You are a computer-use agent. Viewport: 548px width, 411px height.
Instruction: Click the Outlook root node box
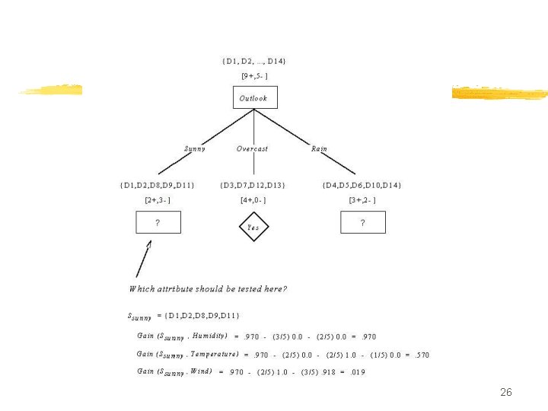[x=254, y=97]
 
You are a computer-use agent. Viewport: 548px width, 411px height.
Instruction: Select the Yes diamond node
[x=253, y=227]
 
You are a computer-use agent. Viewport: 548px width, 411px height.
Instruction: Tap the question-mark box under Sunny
[x=158, y=222]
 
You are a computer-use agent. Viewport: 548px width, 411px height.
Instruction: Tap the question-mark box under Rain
[x=362, y=222]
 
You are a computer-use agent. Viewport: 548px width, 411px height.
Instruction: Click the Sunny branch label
[x=195, y=148]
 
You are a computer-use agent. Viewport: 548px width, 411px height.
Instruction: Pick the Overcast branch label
[x=252, y=148]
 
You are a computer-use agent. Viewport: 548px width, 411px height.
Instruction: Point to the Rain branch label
[x=320, y=148]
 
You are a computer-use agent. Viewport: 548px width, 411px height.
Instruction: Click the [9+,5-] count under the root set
[x=254, y=75]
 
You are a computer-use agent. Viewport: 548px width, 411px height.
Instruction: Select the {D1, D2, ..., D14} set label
[x=254, y=61]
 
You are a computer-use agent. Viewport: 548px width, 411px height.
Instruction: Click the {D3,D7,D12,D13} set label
[x=253, y=185]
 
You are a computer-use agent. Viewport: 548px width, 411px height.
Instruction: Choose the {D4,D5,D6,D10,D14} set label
[x=362, y=185]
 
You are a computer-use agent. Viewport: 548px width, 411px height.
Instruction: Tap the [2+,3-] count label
[x=158, y=200]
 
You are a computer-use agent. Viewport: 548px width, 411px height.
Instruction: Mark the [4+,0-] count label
[x=253, y=200]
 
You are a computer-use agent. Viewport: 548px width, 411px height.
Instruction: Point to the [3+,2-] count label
[x=362, y=200]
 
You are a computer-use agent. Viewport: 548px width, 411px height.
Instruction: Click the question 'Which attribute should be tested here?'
[x=208, y=289]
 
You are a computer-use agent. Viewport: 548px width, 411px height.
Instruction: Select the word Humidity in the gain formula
[x=210, y=336]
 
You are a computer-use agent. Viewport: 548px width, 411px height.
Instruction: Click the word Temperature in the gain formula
[x=215, y=354]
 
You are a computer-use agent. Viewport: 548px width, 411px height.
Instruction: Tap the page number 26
[x=505, y=393]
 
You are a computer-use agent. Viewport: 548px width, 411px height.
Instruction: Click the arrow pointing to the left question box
[x=143, y=259]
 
